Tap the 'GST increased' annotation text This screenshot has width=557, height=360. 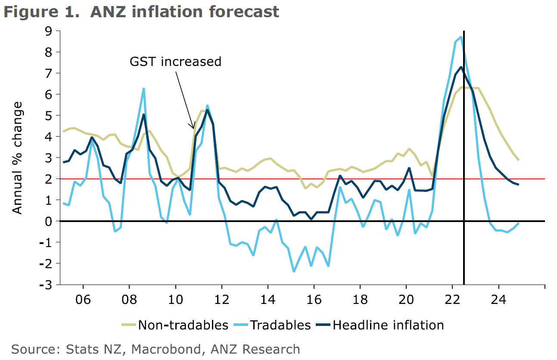pyautogui.click(x=175, y=62)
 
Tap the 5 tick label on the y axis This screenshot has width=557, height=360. pyautogui.click(x=47, y=116)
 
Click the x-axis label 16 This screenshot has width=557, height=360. pyautogui.click(x=314, y=299)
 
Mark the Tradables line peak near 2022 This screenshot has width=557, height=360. pyautogui.click(x=461, y=37)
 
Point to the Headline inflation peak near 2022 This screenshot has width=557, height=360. pyautogui.click(x=461, y=67)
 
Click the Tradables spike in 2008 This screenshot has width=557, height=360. pyautogui.click(x=143, y=88)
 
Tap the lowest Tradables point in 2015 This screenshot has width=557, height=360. pyautogui.click(x=294, y=271)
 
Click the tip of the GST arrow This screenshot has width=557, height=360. pyautogui.click(x=193, y=128)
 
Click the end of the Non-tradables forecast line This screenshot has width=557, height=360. pyautogui.click(x=518, y=160)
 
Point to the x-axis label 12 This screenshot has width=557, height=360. pyautogui.click(x=221, y=299)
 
